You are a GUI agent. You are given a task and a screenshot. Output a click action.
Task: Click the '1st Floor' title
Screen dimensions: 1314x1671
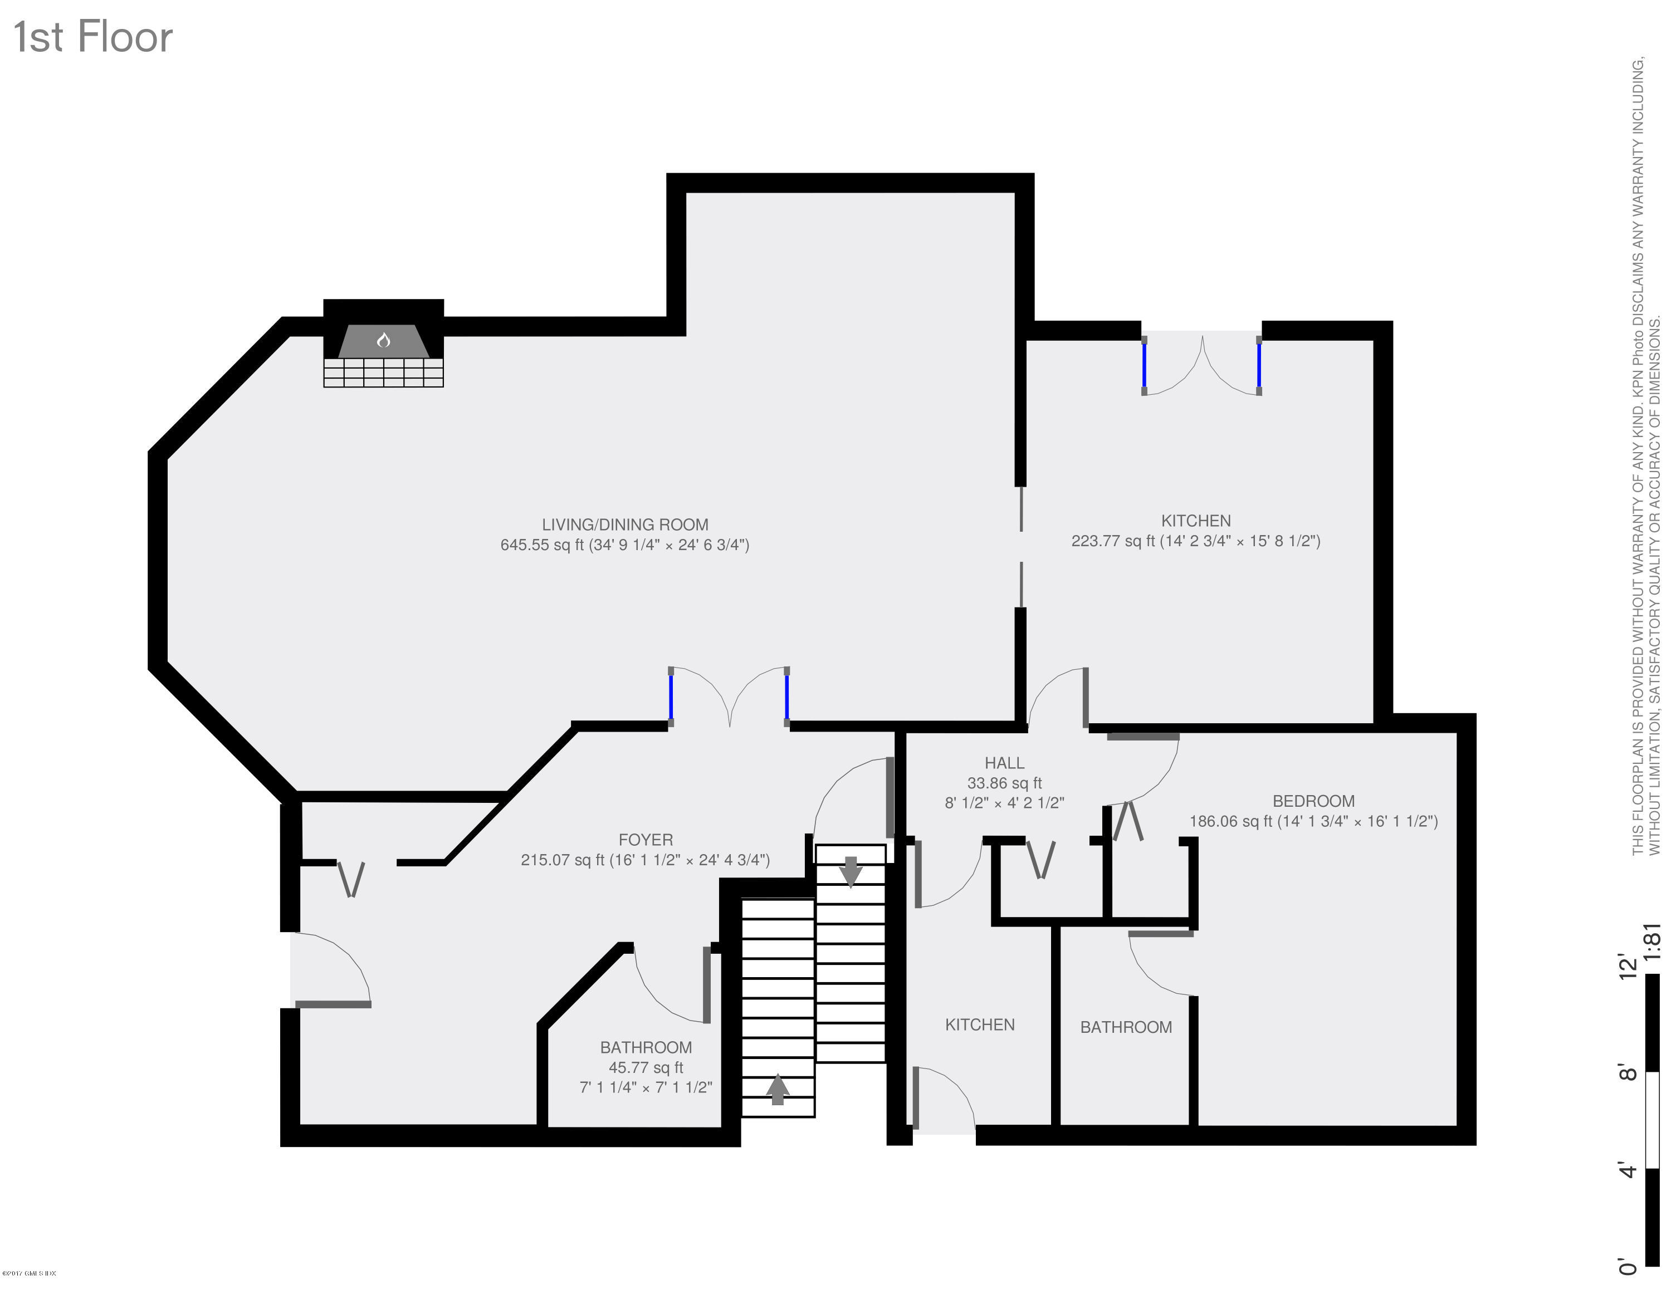(93, 37)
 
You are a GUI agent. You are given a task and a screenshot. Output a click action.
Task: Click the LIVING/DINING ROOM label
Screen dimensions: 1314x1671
(625, 524)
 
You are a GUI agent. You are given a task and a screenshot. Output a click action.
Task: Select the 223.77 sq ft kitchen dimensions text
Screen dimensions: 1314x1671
(1195, 541)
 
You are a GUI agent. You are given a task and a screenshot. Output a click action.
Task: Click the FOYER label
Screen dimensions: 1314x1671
(645, 839)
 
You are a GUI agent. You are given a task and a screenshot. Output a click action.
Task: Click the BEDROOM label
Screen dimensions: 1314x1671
(1313, 801)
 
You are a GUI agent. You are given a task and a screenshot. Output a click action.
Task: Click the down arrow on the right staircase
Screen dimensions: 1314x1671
(850, 871)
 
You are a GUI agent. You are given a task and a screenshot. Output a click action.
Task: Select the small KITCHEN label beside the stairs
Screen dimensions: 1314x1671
(979, 1024)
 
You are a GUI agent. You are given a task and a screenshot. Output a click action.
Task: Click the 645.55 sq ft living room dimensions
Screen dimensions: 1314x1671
(625, 545)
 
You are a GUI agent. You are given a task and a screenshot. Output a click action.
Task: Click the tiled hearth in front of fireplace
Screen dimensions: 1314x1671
(383, 372)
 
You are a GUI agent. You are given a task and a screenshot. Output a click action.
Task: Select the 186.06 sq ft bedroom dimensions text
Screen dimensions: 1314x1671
(1313, 821)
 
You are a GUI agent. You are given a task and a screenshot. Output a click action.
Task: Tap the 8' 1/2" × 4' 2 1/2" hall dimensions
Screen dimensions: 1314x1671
(1004, 802)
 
